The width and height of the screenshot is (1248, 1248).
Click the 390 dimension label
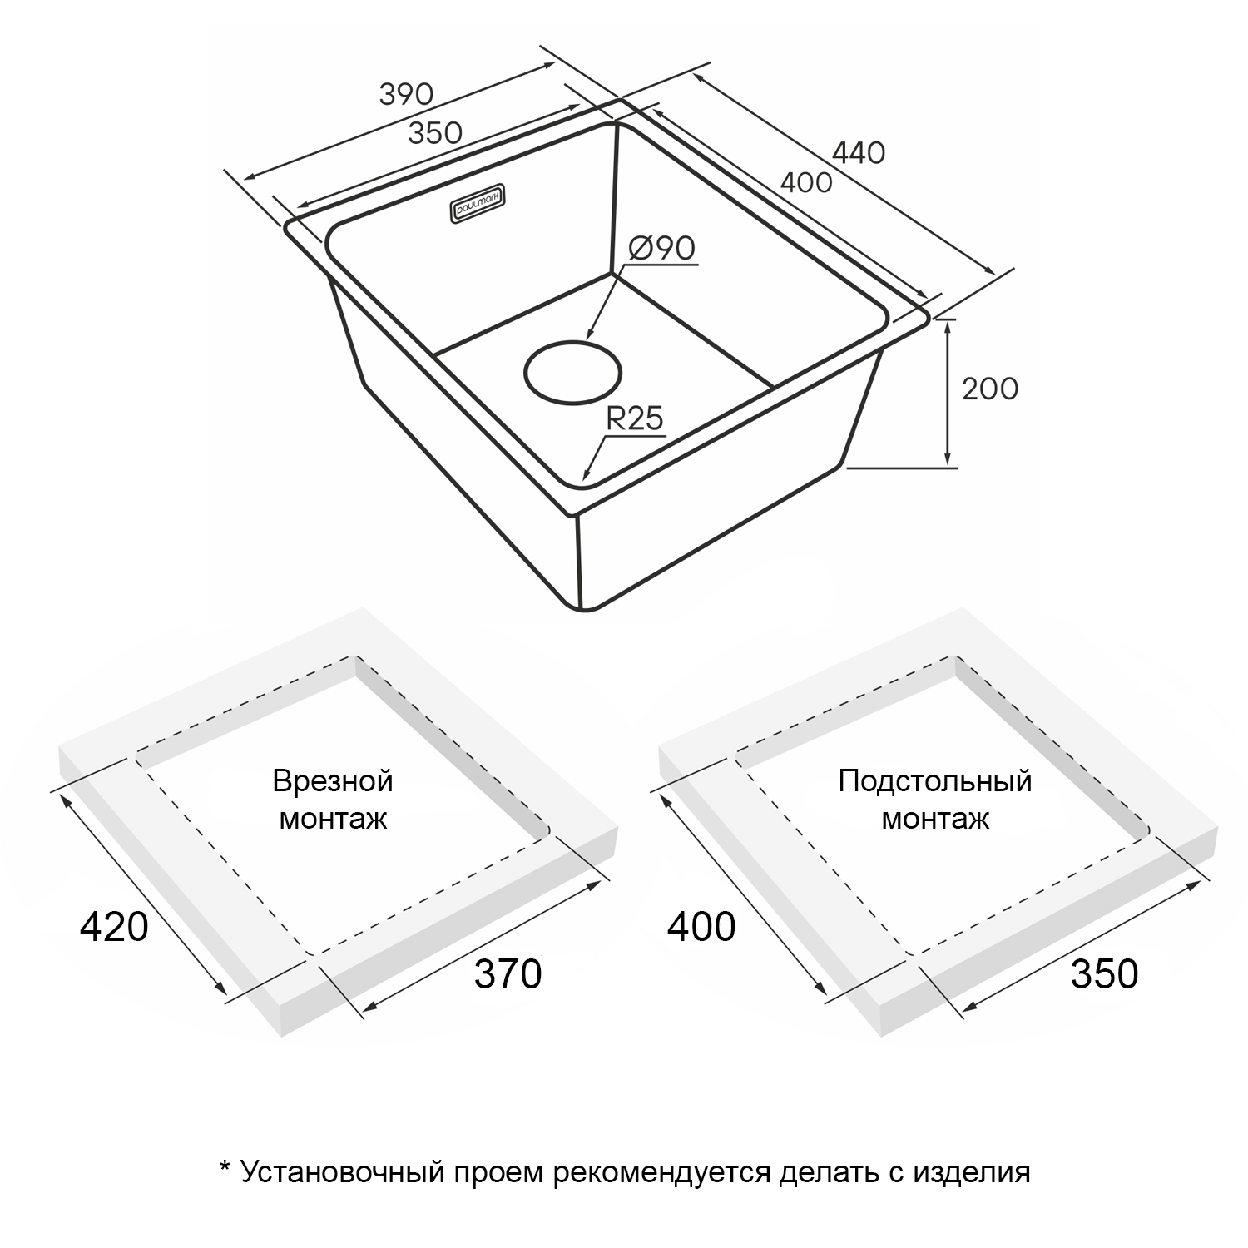click(x=406, y=94)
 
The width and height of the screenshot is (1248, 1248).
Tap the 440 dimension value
click(x=859, y=152)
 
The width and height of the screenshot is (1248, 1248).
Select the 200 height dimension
click(x=990, y=389)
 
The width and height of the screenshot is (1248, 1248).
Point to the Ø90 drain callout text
click(x=662, y=248)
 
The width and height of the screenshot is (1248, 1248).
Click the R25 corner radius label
click(x=635, y=418)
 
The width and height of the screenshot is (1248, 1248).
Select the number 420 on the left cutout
click(x=114, y=926)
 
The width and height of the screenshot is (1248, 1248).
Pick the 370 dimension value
click(x=508, y=973)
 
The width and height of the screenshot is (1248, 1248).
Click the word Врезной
click(x=333, y=781)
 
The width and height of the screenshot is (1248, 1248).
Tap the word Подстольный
click(x=935, y=781)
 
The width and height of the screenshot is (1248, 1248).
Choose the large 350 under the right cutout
click(x=1105, y=973)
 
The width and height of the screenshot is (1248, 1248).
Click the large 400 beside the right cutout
click(x=701, y=926)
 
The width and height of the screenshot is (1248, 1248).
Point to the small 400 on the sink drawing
click(x=806, y=182)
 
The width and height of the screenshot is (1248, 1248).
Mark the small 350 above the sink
click(x=435, y=132)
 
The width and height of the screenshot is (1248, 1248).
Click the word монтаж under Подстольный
click(x=935, y=820)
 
